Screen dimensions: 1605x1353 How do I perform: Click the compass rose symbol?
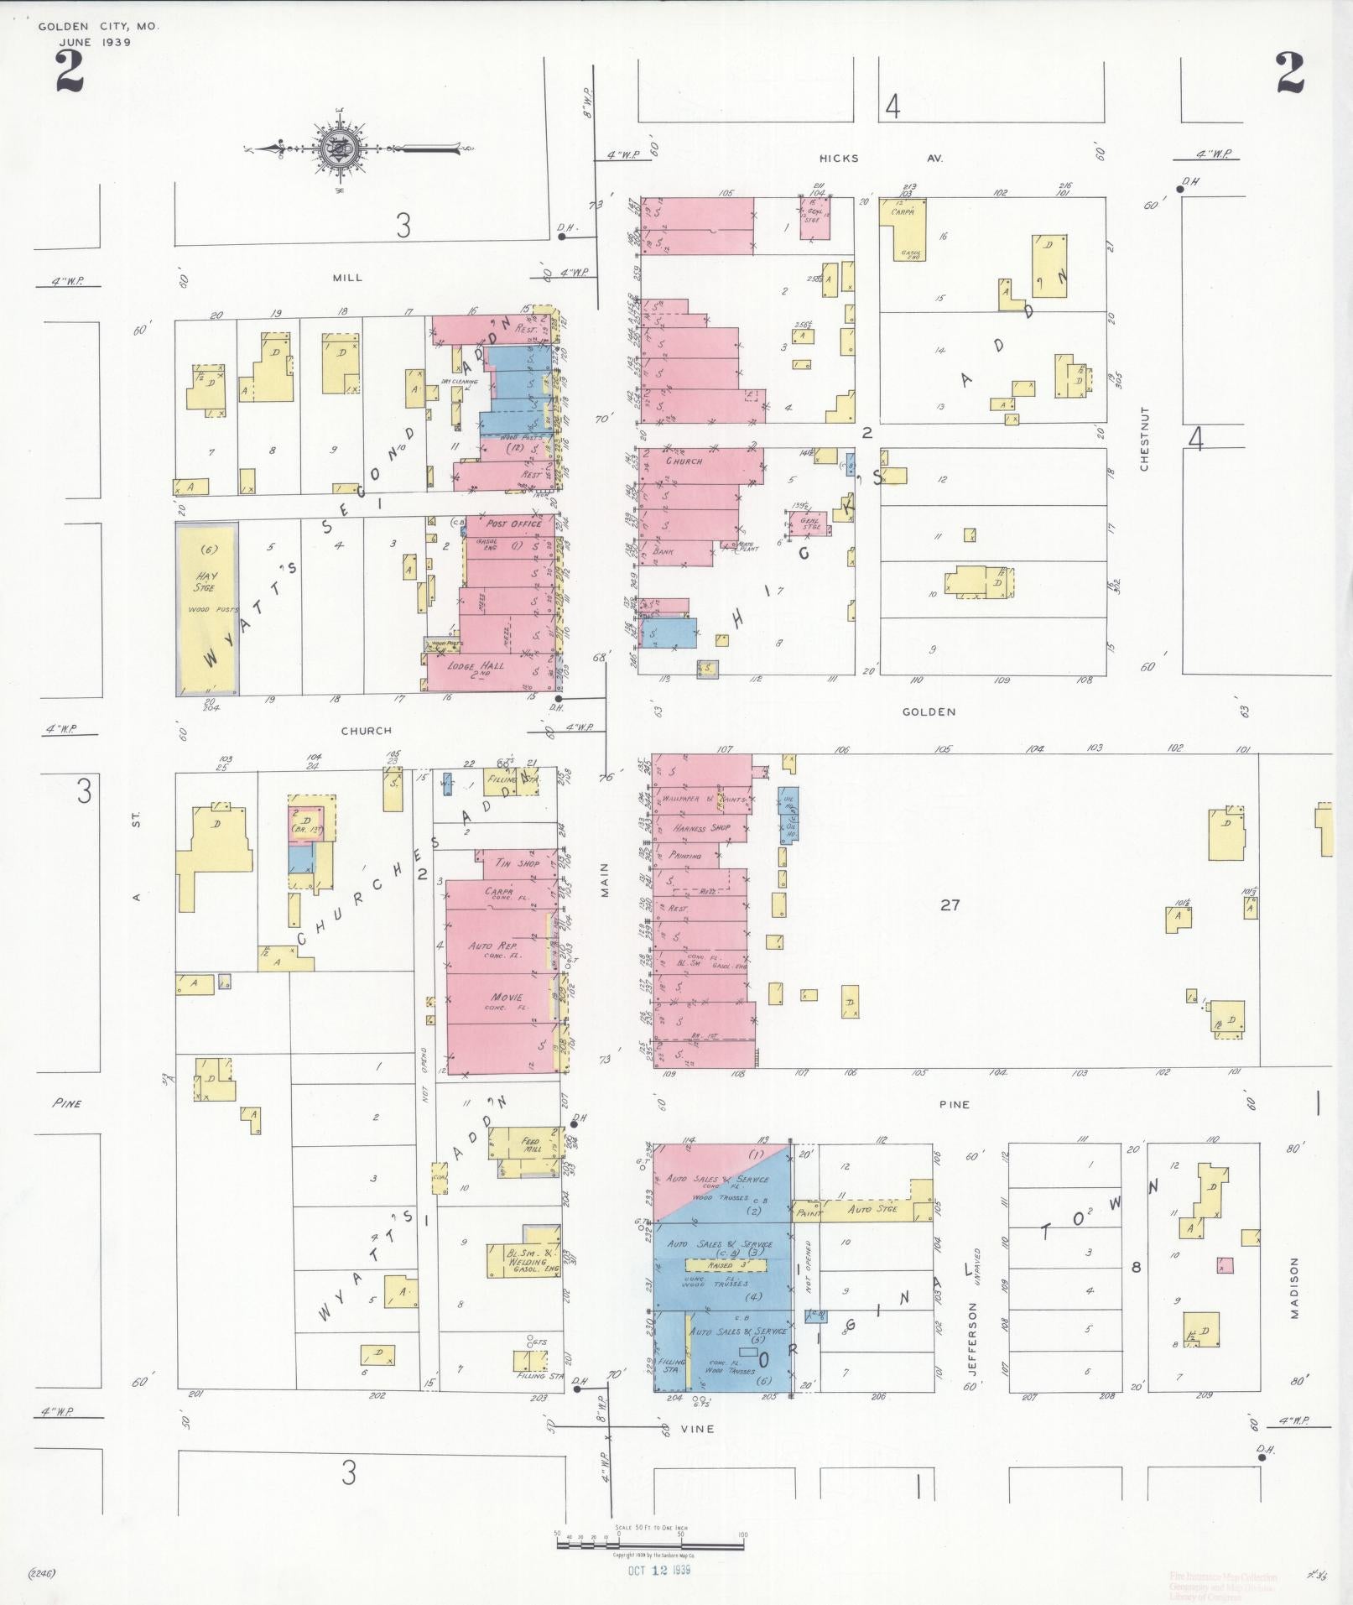(x=340, y=149)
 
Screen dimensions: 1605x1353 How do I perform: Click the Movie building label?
(x=507, y=997)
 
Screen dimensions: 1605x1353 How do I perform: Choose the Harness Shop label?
(x=701, y=827)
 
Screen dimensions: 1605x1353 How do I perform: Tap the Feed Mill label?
(x=530, y=1144)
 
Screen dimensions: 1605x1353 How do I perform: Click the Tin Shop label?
(x=517, y=862)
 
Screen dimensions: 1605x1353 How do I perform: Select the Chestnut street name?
(x=1144, y=439)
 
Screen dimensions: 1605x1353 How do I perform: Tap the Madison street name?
(x=1294, y=1299)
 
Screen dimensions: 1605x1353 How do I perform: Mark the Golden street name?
(x=929, y=711)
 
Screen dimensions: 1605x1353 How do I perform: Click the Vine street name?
(x=697, y=1428)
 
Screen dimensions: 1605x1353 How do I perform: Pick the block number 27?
(x=950, y=904)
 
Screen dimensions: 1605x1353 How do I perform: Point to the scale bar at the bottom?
(x=650, y=1540)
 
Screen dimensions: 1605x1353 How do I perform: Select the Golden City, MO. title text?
(x=97, y=27)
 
